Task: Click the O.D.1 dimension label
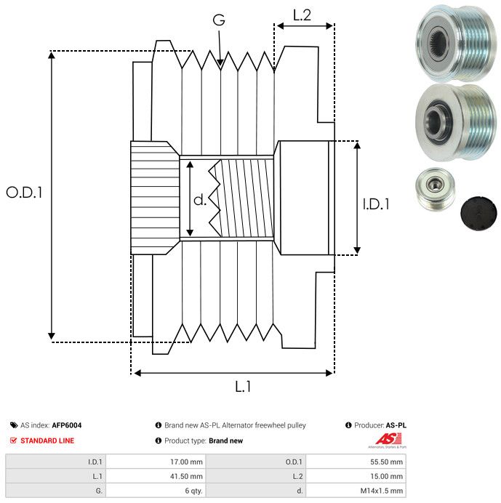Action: click(25, 193)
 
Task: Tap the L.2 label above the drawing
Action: click(302, 15)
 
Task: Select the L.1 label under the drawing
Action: click(243, 387)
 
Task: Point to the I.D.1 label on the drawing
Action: click(376, 204)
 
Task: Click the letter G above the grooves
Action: click(218, 20)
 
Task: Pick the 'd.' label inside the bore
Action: click(200, 200)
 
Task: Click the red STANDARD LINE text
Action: click(47, 440)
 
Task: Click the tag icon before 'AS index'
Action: click(14, 425)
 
